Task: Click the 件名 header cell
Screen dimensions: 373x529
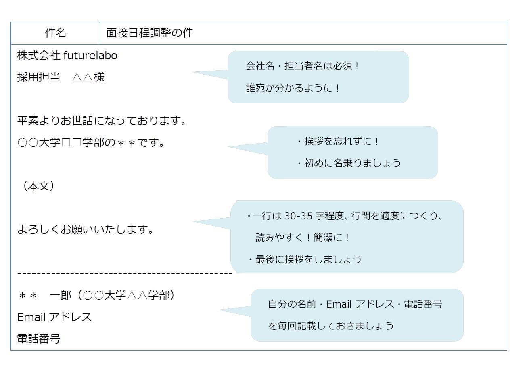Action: pos(56,33)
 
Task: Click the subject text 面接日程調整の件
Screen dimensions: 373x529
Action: pos(149,33)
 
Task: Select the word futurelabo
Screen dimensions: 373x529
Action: pos(90,55)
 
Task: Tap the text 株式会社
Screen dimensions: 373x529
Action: pos(39,55)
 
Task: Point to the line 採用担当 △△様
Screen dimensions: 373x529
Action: pos(61,77)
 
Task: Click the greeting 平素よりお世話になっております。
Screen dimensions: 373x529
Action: pos(102,121)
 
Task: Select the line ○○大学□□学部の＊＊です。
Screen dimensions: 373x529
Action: pos(92,142)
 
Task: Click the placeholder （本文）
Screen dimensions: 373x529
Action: pos(39,186)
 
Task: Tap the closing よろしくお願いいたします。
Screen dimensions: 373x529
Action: pos(86,229)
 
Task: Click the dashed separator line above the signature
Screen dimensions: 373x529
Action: pos(125,273)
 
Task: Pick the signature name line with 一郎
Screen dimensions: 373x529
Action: pos(97,295)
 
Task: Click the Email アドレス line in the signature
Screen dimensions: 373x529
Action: pos(54,317)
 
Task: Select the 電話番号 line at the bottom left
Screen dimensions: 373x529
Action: pos(39,339)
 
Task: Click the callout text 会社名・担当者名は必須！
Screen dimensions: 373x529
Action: pos(302,66)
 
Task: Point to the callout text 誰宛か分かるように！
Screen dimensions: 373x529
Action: pos(293,88)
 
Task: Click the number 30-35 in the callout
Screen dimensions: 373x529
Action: pos(298,216)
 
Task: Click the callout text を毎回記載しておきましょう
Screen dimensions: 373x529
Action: pos(331,326)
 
